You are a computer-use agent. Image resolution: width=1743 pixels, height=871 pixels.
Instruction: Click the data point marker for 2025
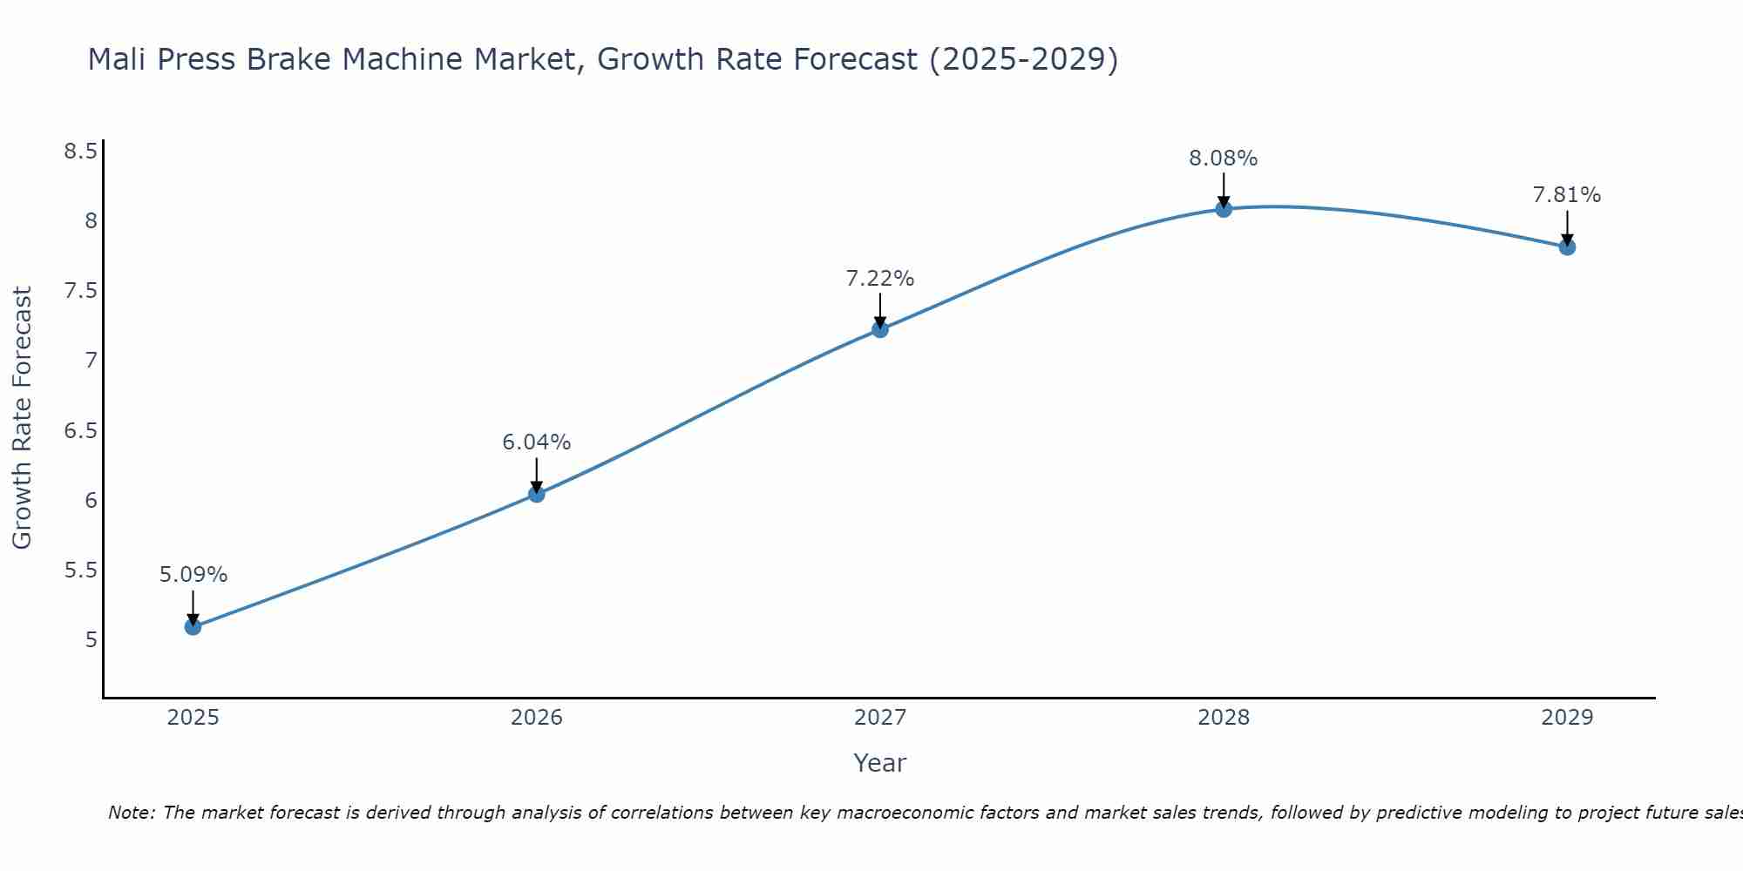pos(193,626)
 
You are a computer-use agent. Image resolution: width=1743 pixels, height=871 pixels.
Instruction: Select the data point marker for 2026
pos(537,494)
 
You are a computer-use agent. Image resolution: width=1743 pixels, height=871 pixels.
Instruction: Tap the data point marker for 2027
pos(880,329)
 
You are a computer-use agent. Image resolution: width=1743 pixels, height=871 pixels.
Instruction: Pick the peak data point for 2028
pos(1224,209)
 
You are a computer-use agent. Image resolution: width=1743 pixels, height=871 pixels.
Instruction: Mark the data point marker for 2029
pos(1567,247)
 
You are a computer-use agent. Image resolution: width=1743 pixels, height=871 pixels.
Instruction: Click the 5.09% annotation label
pos(193,575)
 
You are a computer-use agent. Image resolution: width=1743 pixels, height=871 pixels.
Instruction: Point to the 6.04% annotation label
pos(537,442)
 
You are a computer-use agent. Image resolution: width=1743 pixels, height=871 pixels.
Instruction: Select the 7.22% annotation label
pos(880,279)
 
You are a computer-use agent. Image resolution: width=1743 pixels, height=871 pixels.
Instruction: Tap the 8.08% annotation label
pos(1224,159)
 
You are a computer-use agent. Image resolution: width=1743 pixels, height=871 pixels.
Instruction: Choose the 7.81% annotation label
pos(1567,195)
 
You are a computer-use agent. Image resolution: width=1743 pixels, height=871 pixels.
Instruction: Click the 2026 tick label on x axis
pos(537,718)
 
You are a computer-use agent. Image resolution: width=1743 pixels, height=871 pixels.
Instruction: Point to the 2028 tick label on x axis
pos(1224,718)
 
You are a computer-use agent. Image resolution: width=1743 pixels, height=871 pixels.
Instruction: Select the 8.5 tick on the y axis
pos(80,152)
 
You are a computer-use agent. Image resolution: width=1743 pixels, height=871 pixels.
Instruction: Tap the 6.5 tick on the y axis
pos(80,431)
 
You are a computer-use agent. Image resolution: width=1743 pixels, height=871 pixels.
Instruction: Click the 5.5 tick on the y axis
pos(80,571)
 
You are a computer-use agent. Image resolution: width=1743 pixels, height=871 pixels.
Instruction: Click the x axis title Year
pos(880,763)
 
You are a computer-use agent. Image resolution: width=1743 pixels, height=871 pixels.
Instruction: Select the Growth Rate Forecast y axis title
pos(22,418)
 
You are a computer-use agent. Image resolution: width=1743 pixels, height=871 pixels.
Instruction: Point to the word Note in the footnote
pos(131,813)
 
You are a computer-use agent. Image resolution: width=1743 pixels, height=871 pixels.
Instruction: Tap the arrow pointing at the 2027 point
pos(880,309)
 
